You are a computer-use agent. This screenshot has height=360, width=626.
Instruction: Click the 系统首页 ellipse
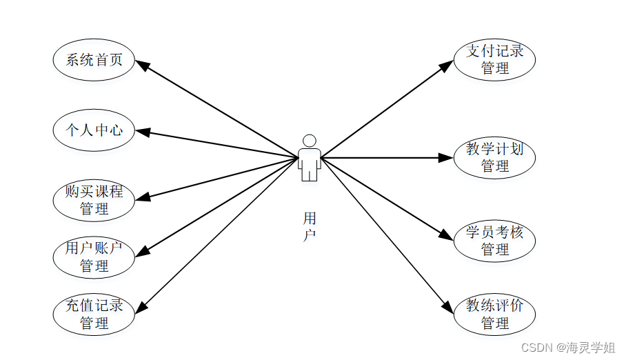pyautogui.click(x=94, y=60)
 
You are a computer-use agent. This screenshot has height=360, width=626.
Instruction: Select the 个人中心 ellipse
pyautogui.click(x=94, y=129)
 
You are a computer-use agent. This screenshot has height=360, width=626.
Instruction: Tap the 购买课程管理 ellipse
pyautogui.click(x=94, y=200)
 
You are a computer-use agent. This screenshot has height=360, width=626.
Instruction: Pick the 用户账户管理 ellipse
pyautogui.click(x=94, y=257)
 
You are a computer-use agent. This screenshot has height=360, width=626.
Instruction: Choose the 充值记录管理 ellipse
pyautogui.click(x=94, y=314)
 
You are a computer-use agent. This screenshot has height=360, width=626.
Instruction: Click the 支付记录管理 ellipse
pyautogui.click(x=494, y=59)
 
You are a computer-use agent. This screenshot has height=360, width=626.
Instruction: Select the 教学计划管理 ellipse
pyautogui.click(x=494, y=157)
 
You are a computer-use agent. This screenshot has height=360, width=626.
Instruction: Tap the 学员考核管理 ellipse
pyautogui.click(x=494, y=241)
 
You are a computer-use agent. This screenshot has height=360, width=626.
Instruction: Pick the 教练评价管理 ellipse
pyautogui.click(x=494, y=314)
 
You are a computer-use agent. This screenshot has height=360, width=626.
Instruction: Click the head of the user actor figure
pyautogui.click(x=310, y=141)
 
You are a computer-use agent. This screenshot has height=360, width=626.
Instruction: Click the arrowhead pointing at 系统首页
pyautogui.click(x=141, y=64)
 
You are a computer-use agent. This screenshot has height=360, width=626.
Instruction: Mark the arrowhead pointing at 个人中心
pyautogui.click(x=141, y=132)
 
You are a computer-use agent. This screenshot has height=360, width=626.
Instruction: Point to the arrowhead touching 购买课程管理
pyautogui.click(x=141, y=198)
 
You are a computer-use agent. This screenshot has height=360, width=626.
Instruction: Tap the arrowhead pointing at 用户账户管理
pyautogui.click(x=141, y=252)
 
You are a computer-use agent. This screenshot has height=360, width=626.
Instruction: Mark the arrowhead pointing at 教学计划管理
pyautogui.click(x=446, y=158)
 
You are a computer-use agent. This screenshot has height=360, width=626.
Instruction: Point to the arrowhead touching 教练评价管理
pyautogui.click(x=448, y=308)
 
